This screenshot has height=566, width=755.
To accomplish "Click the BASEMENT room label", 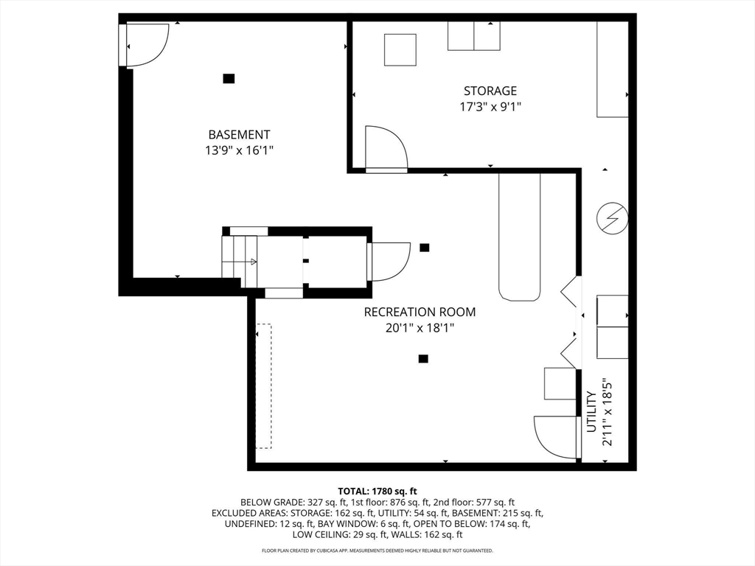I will pos(239,135).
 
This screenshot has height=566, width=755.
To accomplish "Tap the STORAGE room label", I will pos(490,91).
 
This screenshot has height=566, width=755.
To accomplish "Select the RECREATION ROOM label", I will pos(420,312).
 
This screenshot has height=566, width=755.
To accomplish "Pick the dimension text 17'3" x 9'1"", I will pos(490,106).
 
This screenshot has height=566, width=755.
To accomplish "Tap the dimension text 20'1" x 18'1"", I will pos(420,328).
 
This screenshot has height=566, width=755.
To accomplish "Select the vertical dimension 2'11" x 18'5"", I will pos(607,413).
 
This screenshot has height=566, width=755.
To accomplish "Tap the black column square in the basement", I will pos(229,78).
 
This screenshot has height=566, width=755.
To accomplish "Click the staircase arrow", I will pos(251,261).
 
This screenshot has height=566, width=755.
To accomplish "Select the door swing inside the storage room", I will pos(386,148).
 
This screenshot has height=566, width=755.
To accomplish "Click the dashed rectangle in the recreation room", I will pos(263,385).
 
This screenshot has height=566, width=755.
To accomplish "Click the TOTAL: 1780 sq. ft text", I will pos(377,491).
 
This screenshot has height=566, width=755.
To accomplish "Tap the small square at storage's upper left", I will pos(400,49).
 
